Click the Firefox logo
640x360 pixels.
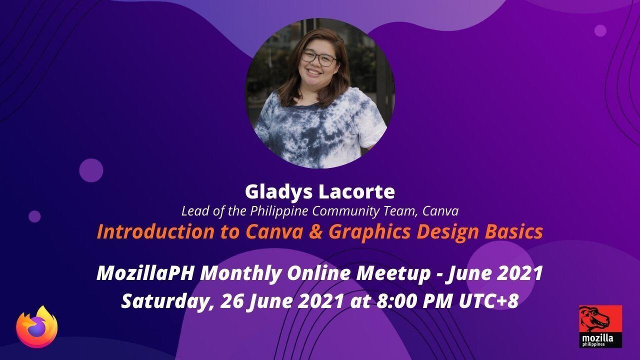coord(37,327)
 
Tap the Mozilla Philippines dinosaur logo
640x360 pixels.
coord(600,326)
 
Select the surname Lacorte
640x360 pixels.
coord(357,191)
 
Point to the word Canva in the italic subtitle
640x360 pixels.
coord(440,211)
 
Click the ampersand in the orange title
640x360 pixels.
coord(315,231)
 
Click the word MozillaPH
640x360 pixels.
coord(145,273)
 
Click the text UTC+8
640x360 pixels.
coord(488,301)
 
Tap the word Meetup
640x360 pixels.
coord(393,273)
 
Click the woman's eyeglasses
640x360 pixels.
coord(318,58)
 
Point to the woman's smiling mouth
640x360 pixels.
coord(313,72)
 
